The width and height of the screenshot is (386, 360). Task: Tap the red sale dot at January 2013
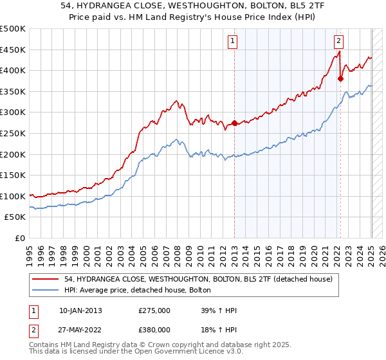coord(234,123)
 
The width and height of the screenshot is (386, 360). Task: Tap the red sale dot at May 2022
coord(341,79)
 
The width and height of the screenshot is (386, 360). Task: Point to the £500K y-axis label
coord(13,29)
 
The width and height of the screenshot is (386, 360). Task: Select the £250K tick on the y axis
coord(13,133)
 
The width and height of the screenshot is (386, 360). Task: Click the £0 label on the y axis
coord(19,238)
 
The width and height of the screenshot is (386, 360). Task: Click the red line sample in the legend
coord(46,279)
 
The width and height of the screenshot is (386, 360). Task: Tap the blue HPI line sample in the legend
coord(46,290)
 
